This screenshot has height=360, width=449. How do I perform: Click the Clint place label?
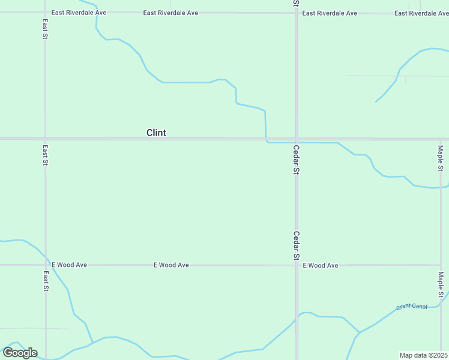(156, 133)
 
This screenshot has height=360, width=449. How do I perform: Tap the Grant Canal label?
(412, 307)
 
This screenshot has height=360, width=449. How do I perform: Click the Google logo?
(20, 353)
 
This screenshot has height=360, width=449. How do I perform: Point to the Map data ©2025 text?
(423, 355)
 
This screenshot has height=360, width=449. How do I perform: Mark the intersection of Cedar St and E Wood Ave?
(297, 265)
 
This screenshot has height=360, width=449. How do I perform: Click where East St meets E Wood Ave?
(46, 265)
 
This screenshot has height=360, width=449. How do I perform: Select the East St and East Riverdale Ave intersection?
(46, 12)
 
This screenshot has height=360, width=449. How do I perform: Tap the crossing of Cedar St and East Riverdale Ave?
(297, 12)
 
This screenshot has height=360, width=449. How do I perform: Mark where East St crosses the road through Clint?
(46, 139)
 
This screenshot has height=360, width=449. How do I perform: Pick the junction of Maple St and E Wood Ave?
(441, 265)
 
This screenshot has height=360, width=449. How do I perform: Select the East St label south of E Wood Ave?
(46, 281)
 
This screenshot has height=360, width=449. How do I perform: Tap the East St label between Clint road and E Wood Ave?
(46, 155)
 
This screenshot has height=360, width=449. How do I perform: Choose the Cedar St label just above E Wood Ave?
(297, 245)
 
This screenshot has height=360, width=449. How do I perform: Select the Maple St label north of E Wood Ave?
(441, 158)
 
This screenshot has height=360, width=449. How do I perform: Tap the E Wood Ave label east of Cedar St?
(321, 265)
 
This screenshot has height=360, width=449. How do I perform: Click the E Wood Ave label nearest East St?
(70, 265)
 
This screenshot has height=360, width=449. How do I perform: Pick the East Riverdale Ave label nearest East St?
(79, 12)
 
